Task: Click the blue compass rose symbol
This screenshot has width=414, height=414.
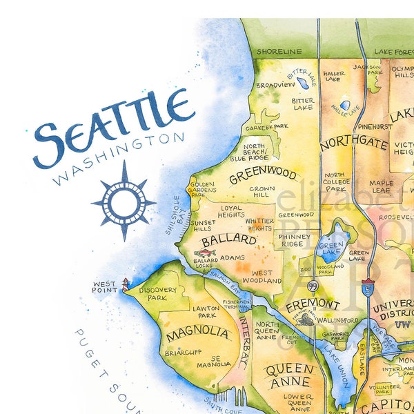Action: click(124, 201)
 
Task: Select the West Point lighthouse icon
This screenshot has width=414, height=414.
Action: click(125, 284)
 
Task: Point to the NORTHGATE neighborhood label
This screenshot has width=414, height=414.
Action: click(354, 144)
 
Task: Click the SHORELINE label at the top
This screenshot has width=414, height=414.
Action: click(279, 51)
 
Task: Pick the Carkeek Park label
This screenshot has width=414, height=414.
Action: click(268, 127)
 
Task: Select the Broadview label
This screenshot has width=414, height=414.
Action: click(275, 85)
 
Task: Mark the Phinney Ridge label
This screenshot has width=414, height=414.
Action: click(295, 240)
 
